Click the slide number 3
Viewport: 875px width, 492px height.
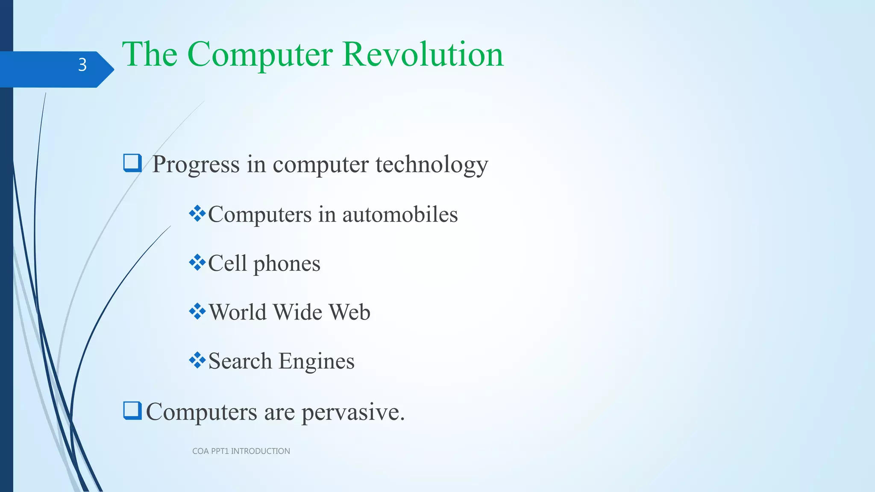(x=82, y=65)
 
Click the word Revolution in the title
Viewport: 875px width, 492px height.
(x=423, y=54)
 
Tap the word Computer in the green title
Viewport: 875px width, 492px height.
(x=260, y=54)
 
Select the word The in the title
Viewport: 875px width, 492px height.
(x=150, y=54)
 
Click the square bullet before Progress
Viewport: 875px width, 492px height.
(x=132, y=163)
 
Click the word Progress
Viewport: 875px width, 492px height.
(x=196, y=164)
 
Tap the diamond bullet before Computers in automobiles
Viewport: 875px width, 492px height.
(x=197, y=214)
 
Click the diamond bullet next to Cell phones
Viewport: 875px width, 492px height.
(x=197, y=262)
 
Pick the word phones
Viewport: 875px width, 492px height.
(x=287, y=264)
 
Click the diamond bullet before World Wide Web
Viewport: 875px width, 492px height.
(x=197, y=311)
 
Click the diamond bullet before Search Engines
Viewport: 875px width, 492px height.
(x=197, y=360)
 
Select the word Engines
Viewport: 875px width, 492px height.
(x=317, y=361)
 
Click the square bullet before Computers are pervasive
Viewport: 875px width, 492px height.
(x=132, y=411)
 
